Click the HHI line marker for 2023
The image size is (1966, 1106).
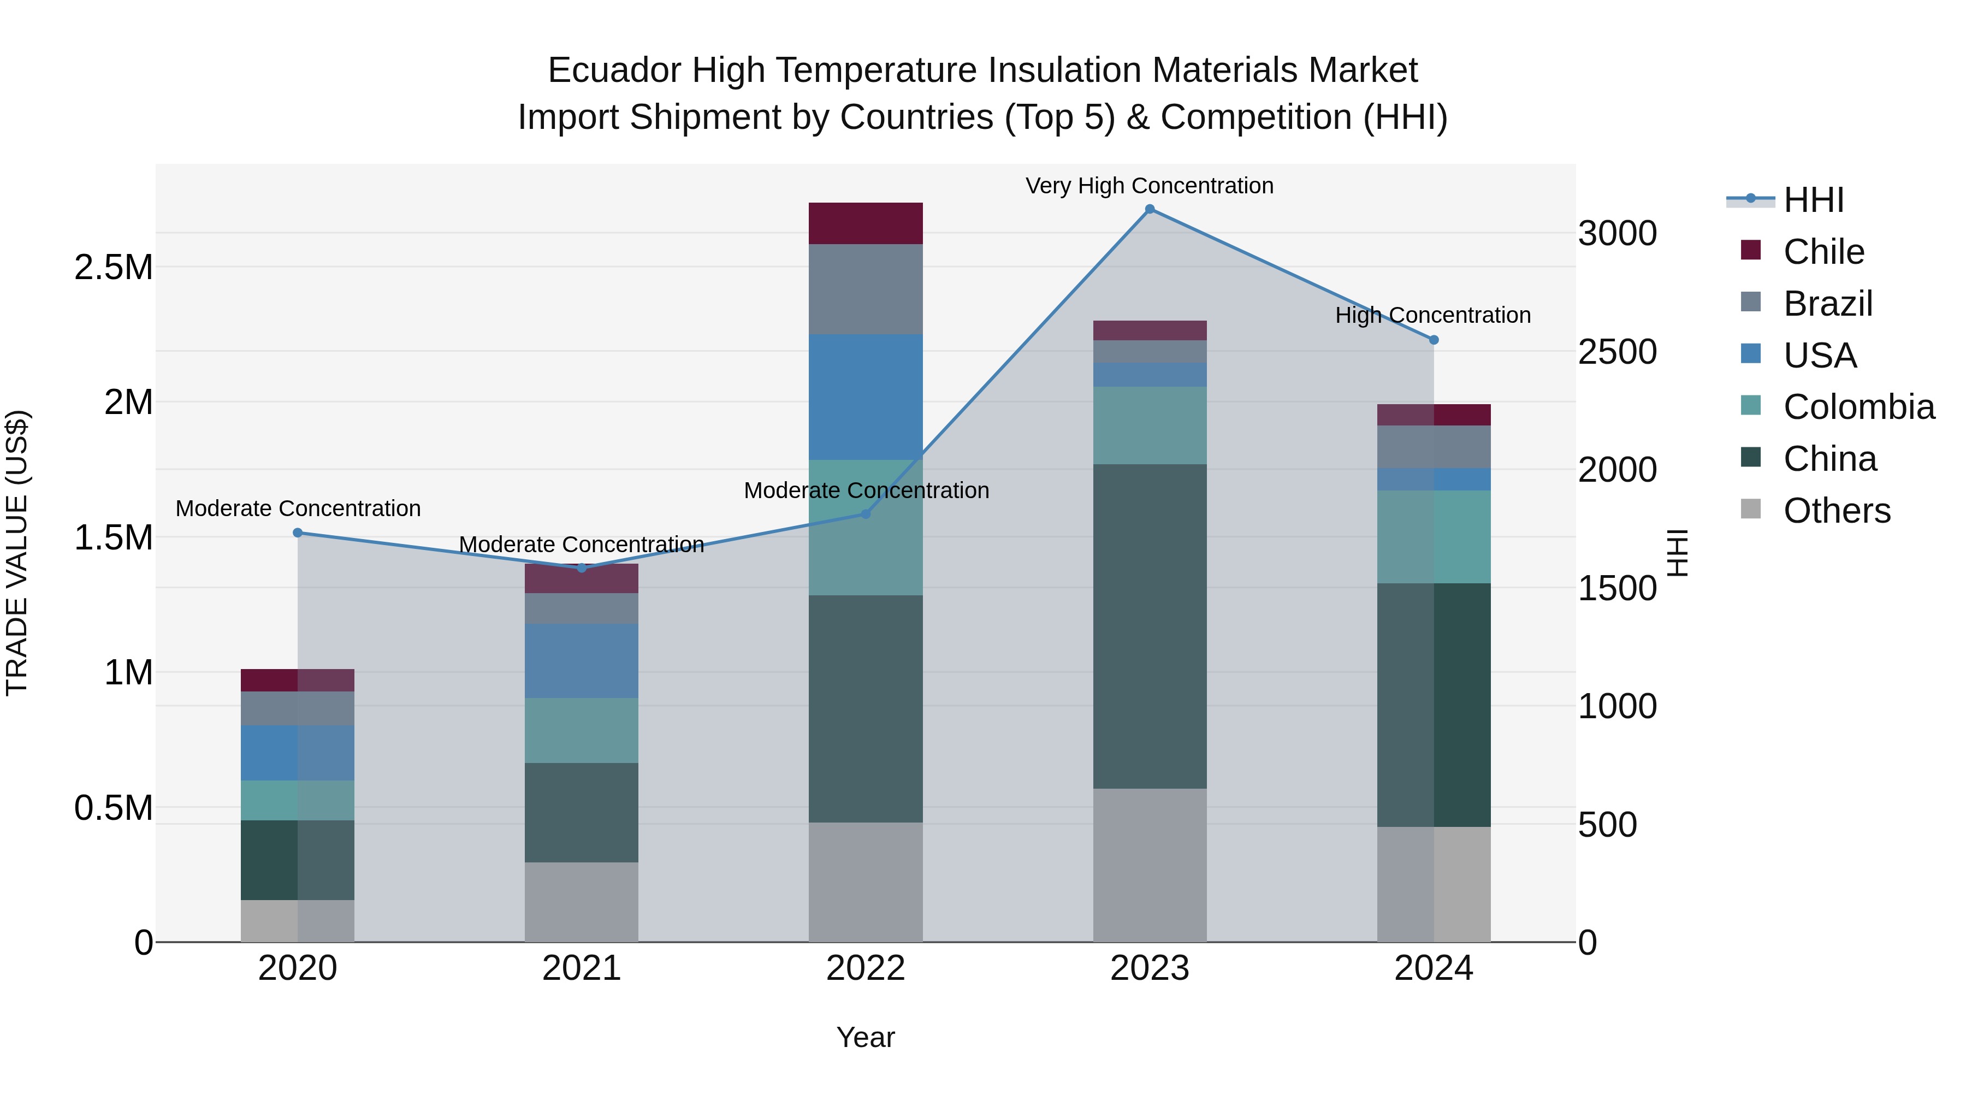[x=1150, y=209]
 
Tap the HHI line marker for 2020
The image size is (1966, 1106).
[x=298, y=533]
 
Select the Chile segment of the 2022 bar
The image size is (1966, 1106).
[x=866, y=223]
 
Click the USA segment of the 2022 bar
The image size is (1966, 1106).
[x=866, y=397]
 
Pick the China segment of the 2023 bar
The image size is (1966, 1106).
[x=1150, y=626]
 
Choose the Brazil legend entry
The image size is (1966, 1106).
[x=1827, y=304]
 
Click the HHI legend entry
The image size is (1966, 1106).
[x=1813, y=200]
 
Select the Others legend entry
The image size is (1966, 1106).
[x=1836, y=511]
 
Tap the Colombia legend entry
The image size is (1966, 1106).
[x=1858, y=407]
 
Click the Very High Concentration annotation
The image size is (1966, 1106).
[x=1150, y=186]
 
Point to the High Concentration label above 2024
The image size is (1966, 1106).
[x=1432, y=315]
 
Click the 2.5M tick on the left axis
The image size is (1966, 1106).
[x=113, y=267]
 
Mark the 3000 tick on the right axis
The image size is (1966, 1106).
[x=1617, y=234]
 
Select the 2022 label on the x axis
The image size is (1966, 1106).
[x=866, y=968]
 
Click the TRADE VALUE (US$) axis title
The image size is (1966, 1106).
[x=17, y=553]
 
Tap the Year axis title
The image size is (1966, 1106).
[x=866, y=1037]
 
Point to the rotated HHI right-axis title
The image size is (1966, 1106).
[x=1678, y=553]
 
